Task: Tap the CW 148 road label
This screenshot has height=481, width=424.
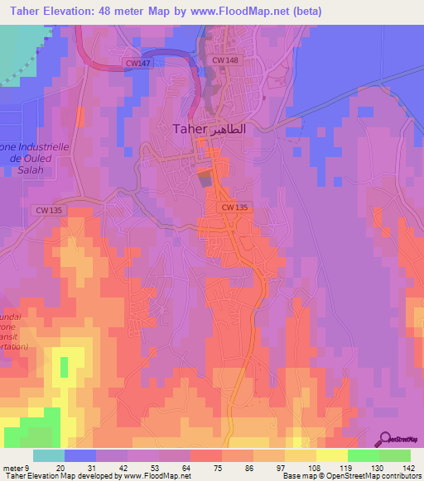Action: (225, 60)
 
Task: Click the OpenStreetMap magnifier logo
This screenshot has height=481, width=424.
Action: (386, 438)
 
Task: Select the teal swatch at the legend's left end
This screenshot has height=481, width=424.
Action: (48, 455)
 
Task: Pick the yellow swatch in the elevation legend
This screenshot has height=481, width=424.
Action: (331, 455)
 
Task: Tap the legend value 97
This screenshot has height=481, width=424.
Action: (269, 468)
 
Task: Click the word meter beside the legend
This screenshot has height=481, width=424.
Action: (12, 468)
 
